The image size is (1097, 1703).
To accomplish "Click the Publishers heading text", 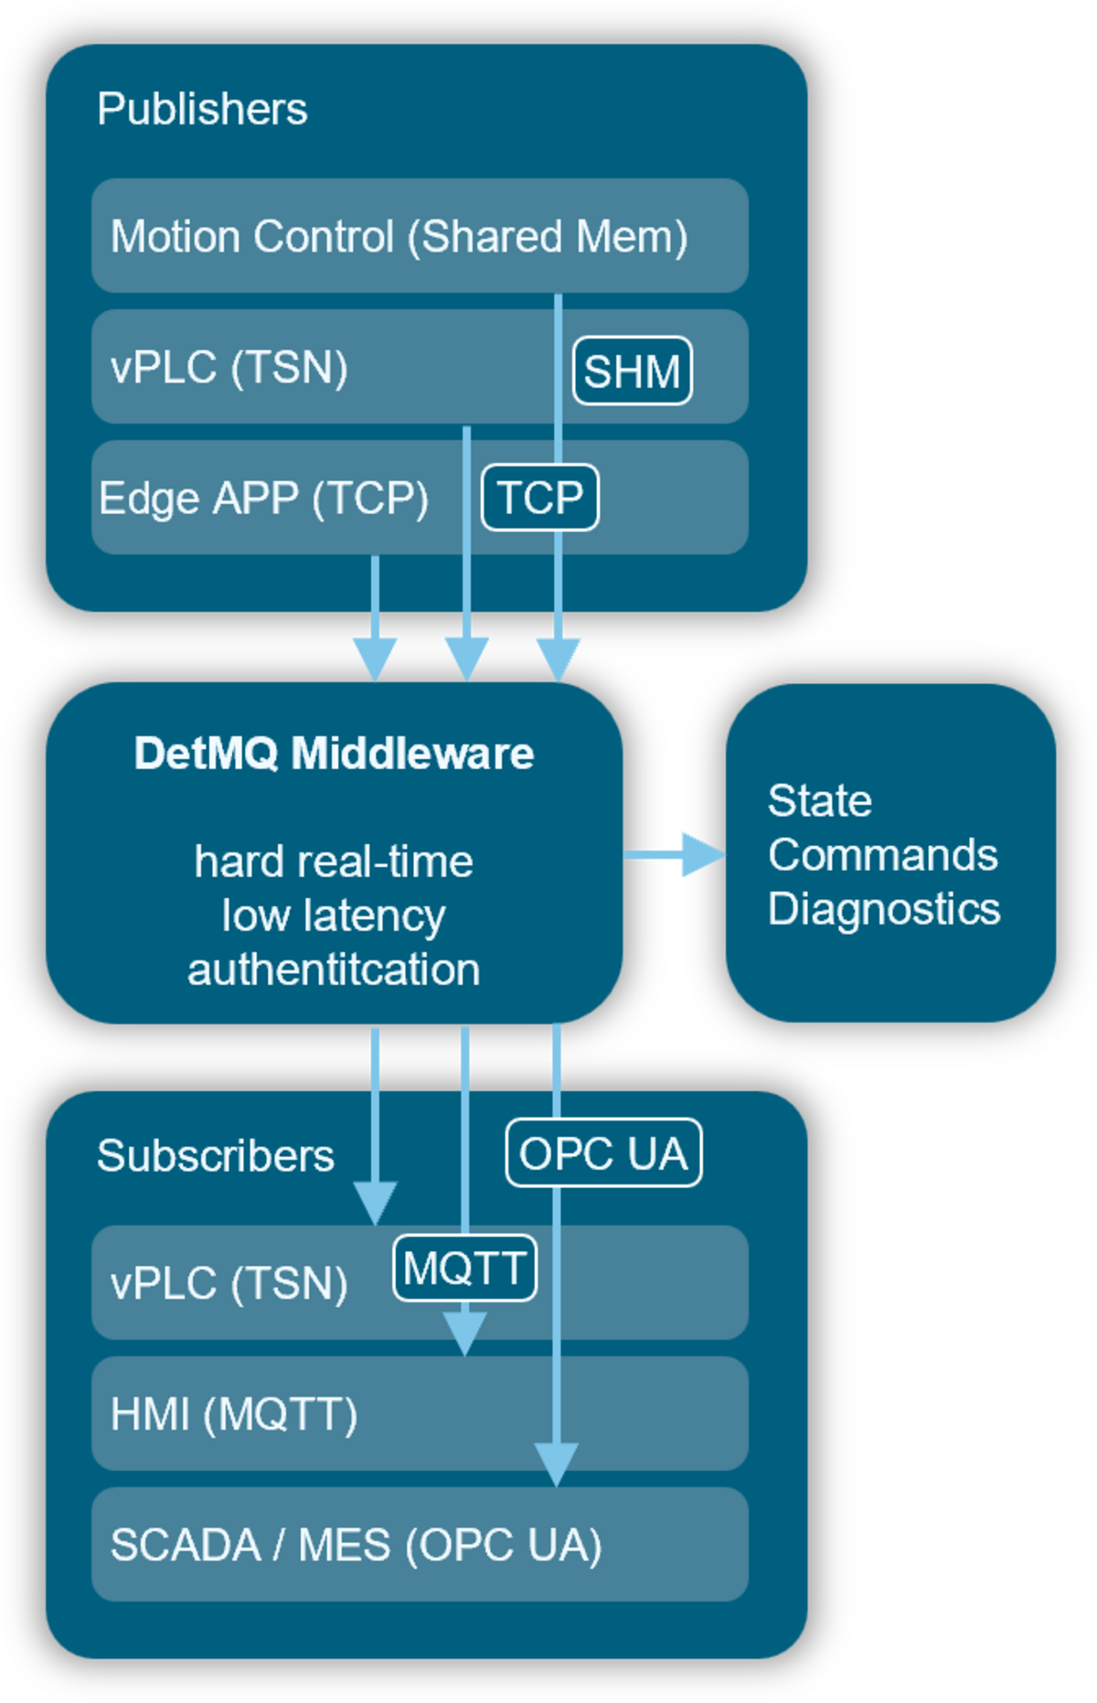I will pyautogui.click(x=202, y=109).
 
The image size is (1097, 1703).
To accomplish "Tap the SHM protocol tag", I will pyautogui.click(x=632, y=370).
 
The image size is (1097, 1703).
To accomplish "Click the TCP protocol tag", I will pyautogui.click(x=539, y=498).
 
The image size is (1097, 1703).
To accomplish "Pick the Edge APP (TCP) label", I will pyautogui.click(x=263, y=498).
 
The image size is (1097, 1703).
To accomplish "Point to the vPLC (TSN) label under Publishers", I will pyautogui.click(x=229, y=367).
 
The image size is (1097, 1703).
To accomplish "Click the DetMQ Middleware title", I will pyautogui.click(x=334, y=754).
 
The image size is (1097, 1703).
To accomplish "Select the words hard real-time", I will pyautogui.click(x=334, y=862).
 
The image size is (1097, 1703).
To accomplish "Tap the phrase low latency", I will pyautogui.click(x=334, y=916).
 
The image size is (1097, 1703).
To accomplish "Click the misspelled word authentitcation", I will pyautogui.click(x=334, y=969).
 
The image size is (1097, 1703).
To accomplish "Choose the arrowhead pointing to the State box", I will pyautogui.click(x=700, y=854).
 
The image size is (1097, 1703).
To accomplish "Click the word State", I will pyautogui.click(x=819, y=801).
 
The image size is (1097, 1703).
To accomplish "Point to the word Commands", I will pyautogui.click(x=882, y=855).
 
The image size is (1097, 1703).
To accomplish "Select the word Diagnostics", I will pyautogui.click(x=883, y=909).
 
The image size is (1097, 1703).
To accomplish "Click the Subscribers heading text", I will pyautogui.click(x=216, y=1156).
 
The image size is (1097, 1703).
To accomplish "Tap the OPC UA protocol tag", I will pyautogui.click(x=603, y=1152).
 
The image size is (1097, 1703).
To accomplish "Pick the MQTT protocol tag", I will pyautogui.click(x=464, y=1268).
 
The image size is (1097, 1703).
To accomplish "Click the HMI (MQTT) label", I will pyautogui.click(x=233, y=1414).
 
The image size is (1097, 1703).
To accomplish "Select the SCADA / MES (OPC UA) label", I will pyautogui.click(x=356, y=1545).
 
